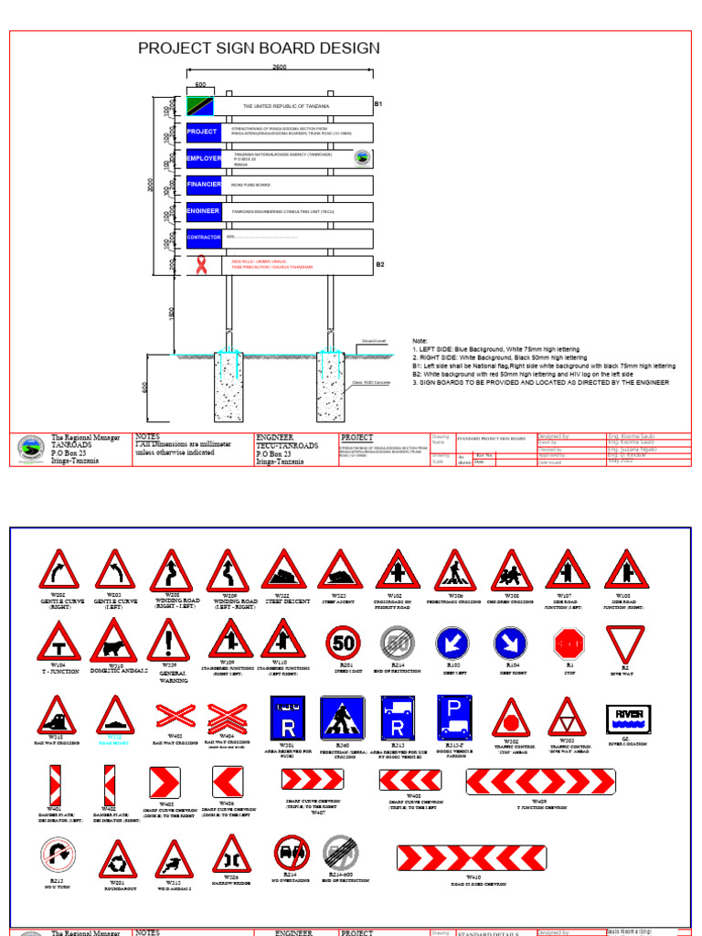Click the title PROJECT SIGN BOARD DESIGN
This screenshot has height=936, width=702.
(259, 48)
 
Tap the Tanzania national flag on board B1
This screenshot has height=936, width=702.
(200, 106)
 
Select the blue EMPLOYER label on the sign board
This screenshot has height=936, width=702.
(204, 158)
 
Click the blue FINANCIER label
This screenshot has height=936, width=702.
(204, 185)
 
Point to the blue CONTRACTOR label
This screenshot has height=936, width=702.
(204, 238)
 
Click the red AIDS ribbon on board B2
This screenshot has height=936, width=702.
(200, 265)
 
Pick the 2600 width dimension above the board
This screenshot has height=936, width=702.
(280, 69)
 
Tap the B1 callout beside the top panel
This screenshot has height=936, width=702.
(379, 105)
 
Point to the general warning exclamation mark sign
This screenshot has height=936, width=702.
(169, 640)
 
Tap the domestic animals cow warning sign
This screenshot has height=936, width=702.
(113, 642)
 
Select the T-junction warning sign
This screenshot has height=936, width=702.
(58, 643)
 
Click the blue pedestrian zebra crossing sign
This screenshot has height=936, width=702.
(341, 719)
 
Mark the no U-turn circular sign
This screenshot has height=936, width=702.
(57, 857)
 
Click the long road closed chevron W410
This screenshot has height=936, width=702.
(472, 857)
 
